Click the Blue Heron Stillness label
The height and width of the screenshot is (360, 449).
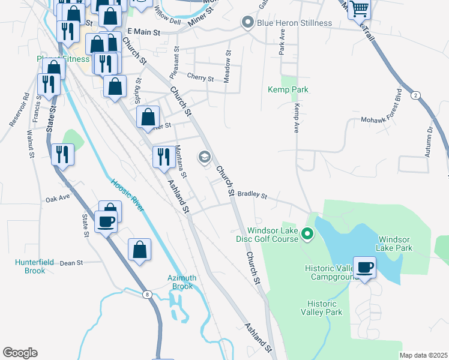pyautogui.click(x=294, y=23)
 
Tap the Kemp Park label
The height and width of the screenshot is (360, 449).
pyautogui.click(x=288, y=89)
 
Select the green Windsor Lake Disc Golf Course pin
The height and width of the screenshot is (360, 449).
pyautogui.click(x=307, y=233)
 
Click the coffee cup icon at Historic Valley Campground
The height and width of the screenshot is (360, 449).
pyautogui.click(x=364, y=267)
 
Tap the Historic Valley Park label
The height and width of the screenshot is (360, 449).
pyautogui.click(x=324, y=308)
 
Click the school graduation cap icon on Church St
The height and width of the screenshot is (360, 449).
pyautogui.click(x=204, y=157)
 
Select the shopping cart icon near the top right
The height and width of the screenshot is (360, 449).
pyautogui.click(x=359, y=9)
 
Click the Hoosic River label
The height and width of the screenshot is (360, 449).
pyautogui.click(x=128, y=195)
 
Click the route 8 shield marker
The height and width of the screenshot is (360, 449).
pyautogui.click(x=147, y=293)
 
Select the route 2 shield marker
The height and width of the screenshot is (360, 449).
pyautogui.click(x=415, y=96)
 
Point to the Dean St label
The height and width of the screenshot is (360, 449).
pyautogui.click(x=71, y=263)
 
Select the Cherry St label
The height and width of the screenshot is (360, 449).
pyautogui.click(x=200, y=78)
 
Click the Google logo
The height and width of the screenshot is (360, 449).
pyautogui.click(x=20, y=353)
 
